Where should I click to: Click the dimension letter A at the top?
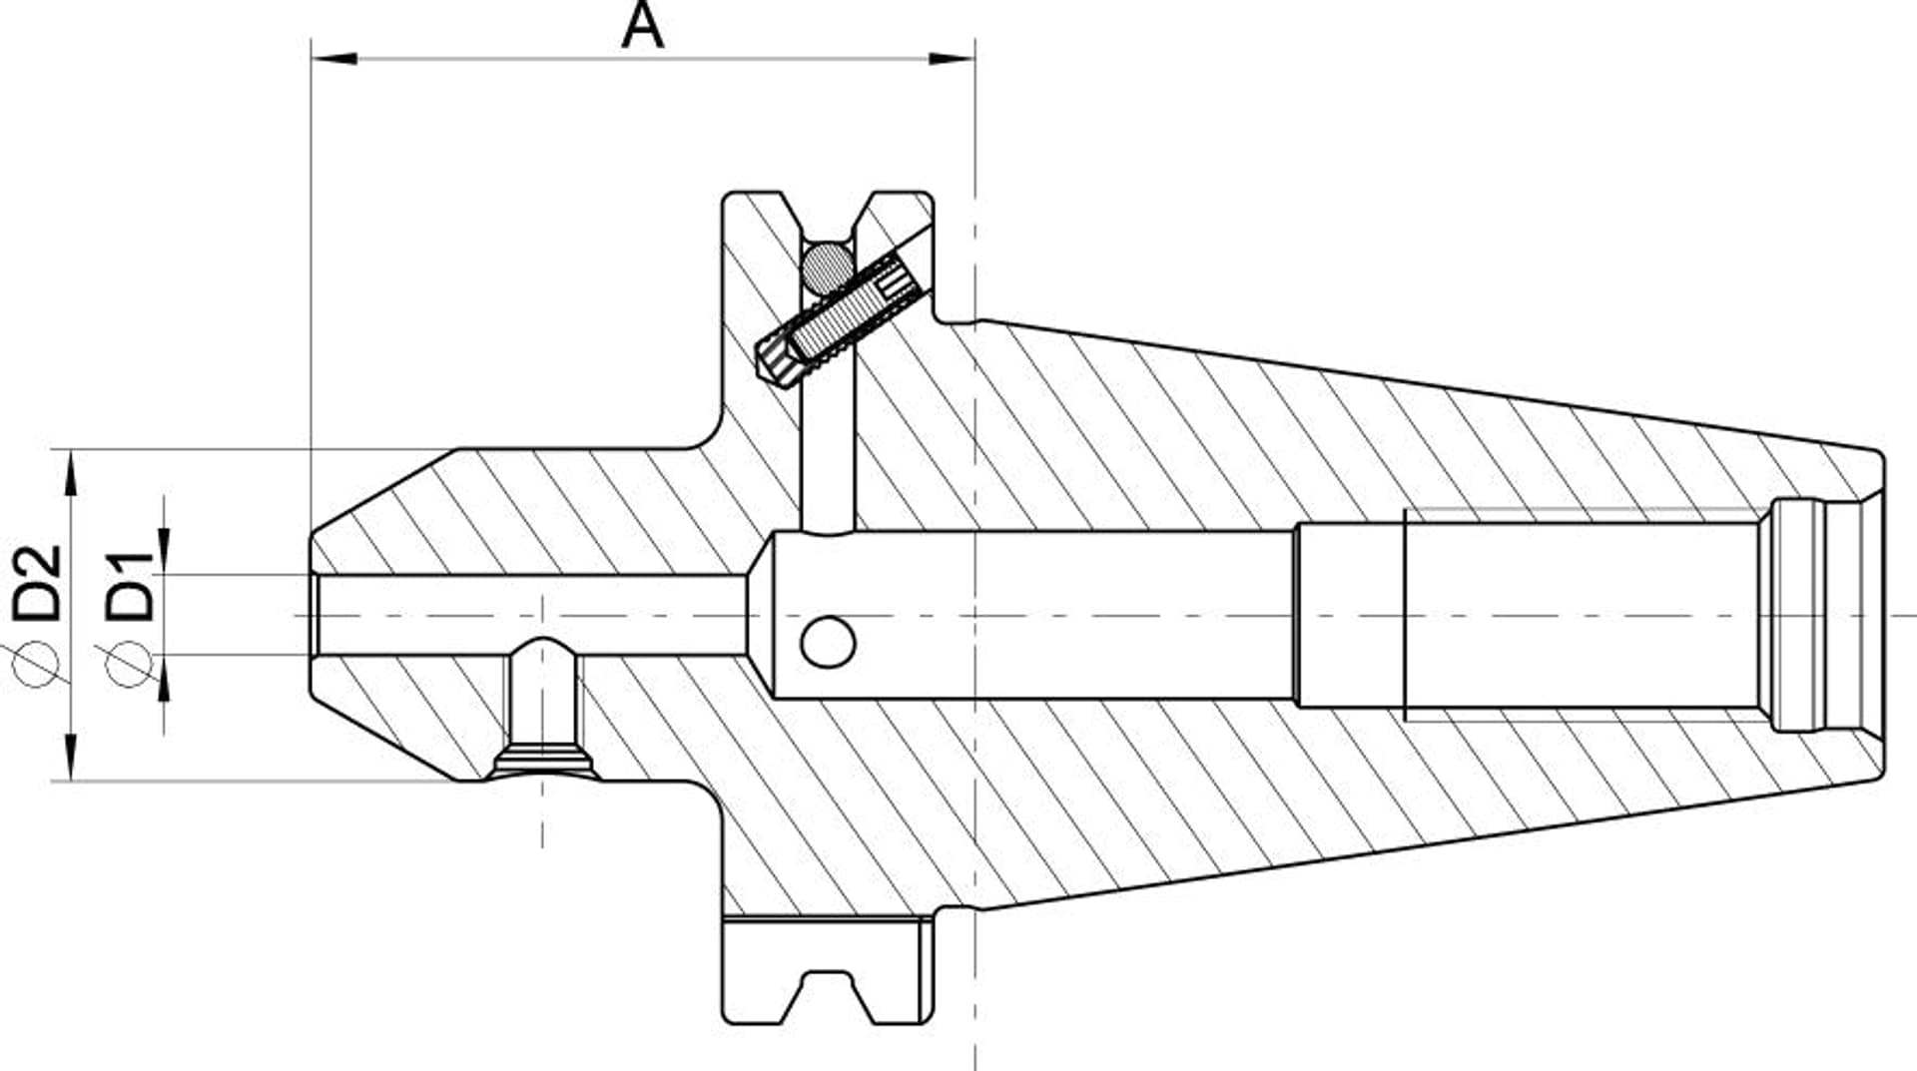[641, 26]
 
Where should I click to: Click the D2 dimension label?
[38, 582]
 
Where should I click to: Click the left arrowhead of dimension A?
[334, 59]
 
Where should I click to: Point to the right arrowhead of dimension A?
[952, 59]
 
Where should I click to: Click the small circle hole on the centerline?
[828, 642]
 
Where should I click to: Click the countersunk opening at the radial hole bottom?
[543, 764]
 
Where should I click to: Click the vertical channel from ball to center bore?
[829, 439]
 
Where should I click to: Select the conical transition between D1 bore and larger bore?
[761, 614]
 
